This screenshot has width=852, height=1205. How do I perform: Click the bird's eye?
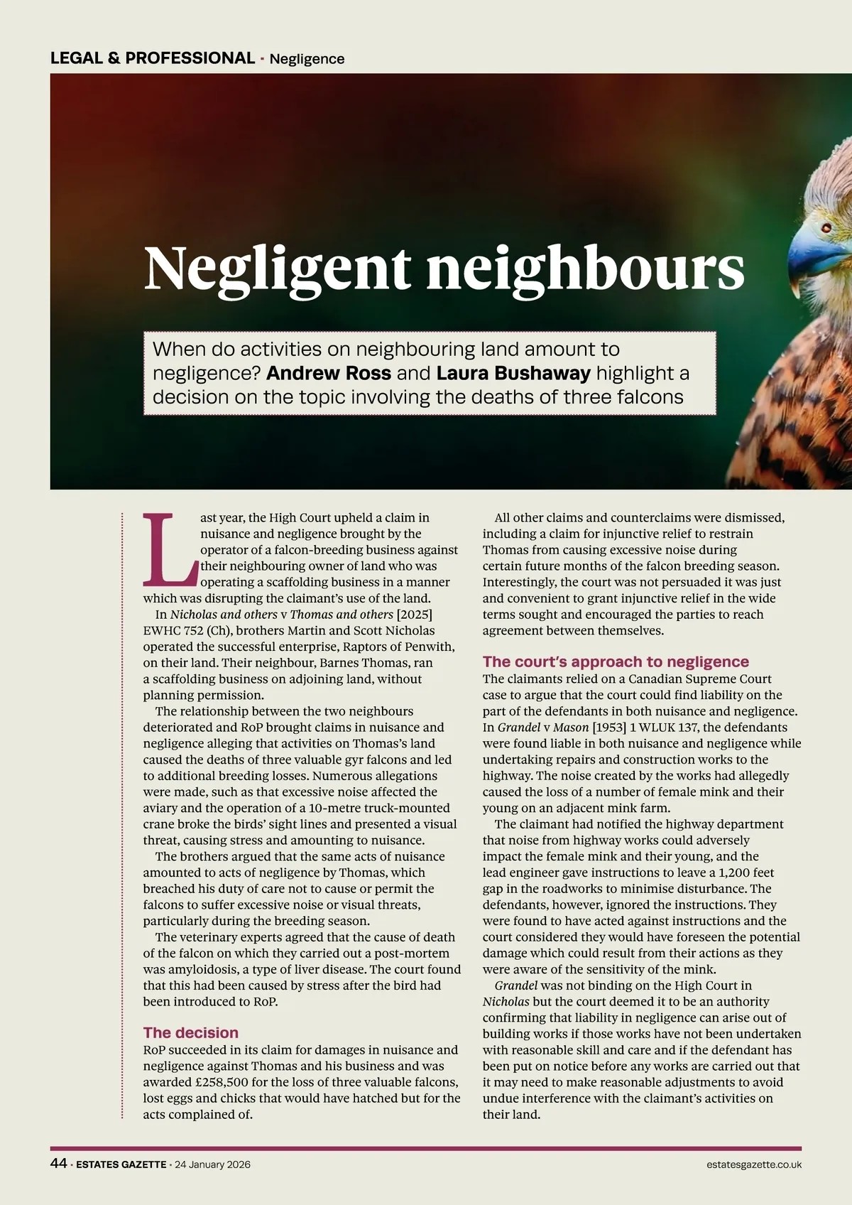[826, 228]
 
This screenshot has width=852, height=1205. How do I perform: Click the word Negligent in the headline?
[277, 267]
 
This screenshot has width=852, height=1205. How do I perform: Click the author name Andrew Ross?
[329, 373]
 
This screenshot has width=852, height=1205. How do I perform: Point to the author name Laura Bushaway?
[513, 373]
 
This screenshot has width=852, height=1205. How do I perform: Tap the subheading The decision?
[190, 1032]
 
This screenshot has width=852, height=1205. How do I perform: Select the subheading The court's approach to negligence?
[616, 661]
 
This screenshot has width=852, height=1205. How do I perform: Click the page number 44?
[58, 1164]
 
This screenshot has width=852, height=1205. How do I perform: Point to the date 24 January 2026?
[213, 1165]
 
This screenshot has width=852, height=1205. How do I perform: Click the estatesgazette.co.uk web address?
[754, 1165]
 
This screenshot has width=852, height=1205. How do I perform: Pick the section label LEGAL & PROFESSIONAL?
[153, 58]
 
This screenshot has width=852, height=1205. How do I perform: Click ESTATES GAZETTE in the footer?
[121, 1165]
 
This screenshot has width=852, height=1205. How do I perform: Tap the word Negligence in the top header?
[307, 59]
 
